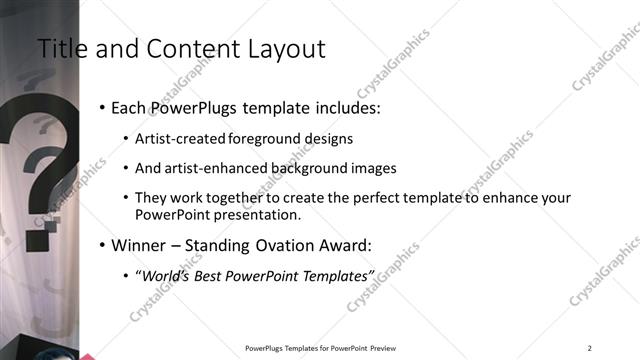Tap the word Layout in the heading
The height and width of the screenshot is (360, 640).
coord(287,49)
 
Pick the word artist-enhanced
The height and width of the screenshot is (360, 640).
coord(206,168)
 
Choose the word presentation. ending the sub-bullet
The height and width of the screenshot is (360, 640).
coord(259,214)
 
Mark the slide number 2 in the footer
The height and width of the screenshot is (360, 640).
coord(589,348)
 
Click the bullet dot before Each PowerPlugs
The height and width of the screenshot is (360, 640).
coord(103,107)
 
